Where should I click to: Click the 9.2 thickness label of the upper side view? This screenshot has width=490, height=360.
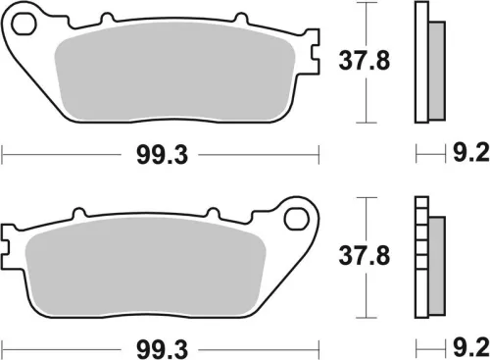pos(464,155)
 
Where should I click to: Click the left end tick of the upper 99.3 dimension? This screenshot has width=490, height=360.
pos(3,155)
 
